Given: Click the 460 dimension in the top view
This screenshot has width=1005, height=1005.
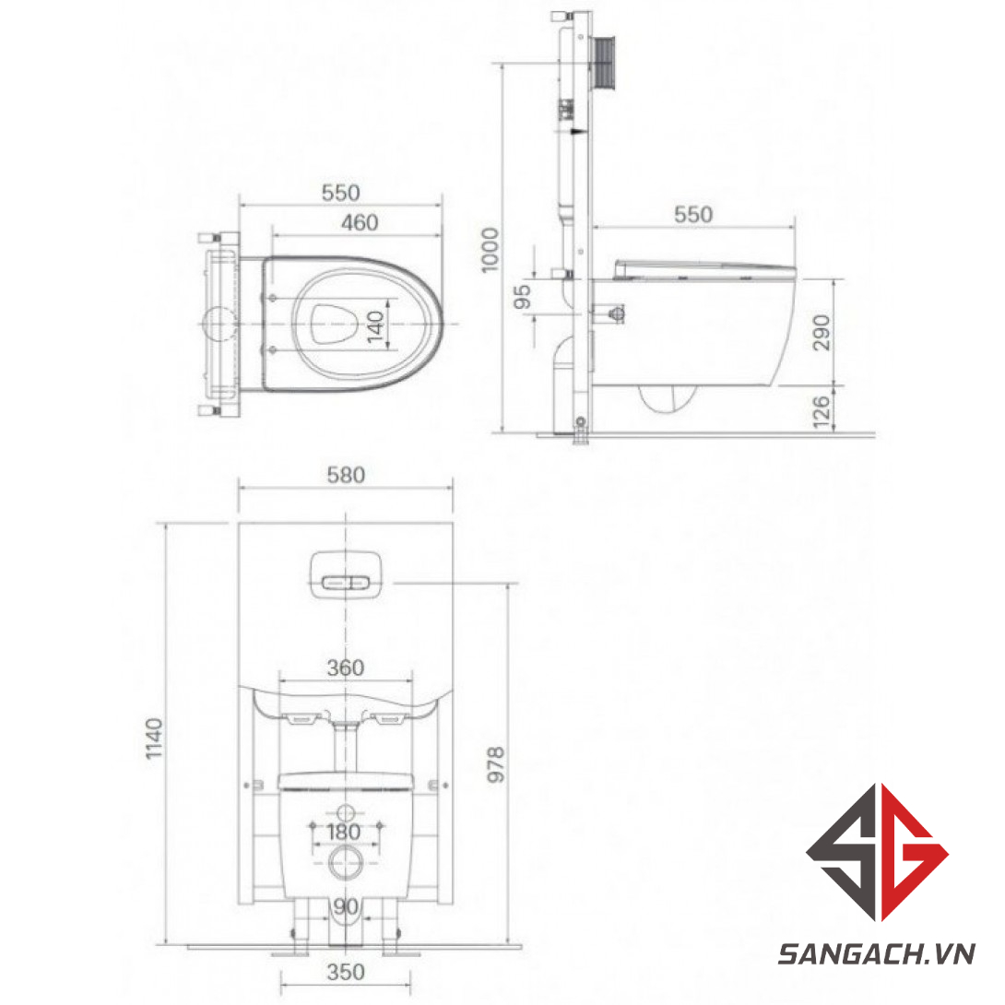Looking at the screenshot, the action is (360, 223).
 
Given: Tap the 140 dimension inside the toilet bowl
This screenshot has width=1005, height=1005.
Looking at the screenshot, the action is (375, 326).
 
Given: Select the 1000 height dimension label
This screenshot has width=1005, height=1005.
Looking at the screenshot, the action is (490, 250).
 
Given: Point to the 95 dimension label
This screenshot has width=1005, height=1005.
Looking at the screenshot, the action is (523, 297).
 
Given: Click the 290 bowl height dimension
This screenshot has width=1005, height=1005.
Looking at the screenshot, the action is (821, 333).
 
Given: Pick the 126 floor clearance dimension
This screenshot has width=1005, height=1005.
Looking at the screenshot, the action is (821, 411).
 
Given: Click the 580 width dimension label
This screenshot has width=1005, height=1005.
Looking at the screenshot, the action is (346, 475).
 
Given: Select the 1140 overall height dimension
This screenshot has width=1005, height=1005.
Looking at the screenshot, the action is (154, 739).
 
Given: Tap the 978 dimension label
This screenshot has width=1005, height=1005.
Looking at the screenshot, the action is (496, 764).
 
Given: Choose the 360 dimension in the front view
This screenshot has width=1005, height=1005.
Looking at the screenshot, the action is (346, 668).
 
